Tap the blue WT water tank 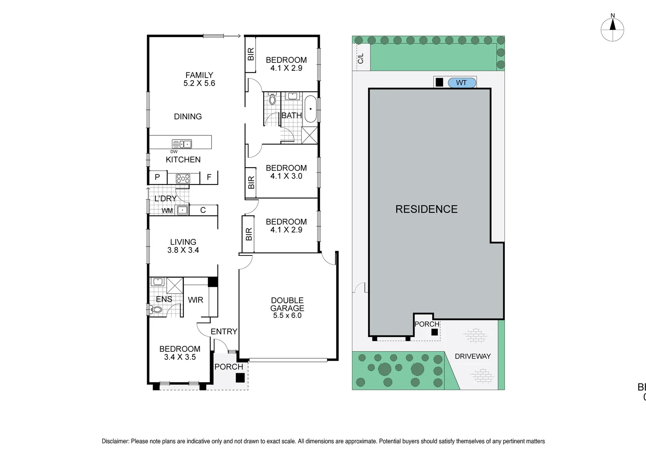point(461,83)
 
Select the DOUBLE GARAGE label point(287,308)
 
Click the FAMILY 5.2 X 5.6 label point(199,79)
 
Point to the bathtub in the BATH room point(311,109)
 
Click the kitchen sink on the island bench point(182,144)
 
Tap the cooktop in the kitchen point(183,179)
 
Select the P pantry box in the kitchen point(158,177)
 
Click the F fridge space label point(209,177)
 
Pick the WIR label point(195,300)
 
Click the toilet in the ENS point(156,309)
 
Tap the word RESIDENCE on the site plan point(426,209)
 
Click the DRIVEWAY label point(473,356)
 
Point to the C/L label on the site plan point(360,59)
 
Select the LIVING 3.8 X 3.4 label point(183,246)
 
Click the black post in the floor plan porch point(240,378)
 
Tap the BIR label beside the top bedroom point(251,54)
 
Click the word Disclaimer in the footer point(115,441)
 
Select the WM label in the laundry point(167,211)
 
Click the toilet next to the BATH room point(272,100)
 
